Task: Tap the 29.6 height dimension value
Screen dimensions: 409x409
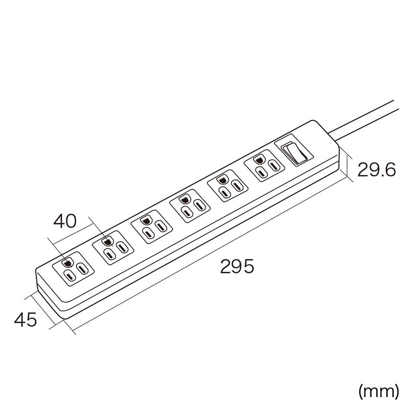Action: (x=376, y=170)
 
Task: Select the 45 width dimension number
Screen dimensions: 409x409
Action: (x=25, y=321)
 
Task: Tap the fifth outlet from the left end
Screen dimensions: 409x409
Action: (x=225, y=187)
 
